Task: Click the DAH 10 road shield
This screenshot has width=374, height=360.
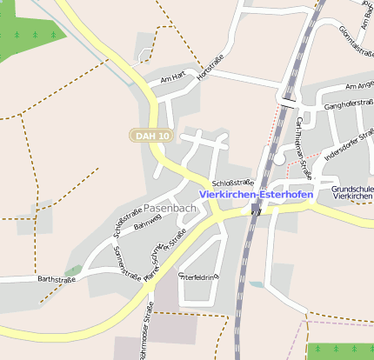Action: click(x=152, y=136)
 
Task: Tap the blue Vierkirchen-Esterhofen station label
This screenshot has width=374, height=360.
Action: click(x=256, y=195)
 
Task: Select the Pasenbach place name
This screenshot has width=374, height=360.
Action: click(x=170, y=210)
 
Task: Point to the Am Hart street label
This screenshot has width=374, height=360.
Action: click(x=168, y=80)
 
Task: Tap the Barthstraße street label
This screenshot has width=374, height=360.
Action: click(x=57, y=279)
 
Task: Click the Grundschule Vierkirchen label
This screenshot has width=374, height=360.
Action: click(x=352, y=192)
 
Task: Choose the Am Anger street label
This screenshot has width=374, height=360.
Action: click(x=359, y=86)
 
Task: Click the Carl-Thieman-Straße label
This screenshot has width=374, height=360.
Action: click(x=303, y=141)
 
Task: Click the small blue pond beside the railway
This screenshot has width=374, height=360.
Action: click(x=255, y=283)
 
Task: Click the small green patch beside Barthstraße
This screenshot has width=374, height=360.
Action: click(x=73, y=270)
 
